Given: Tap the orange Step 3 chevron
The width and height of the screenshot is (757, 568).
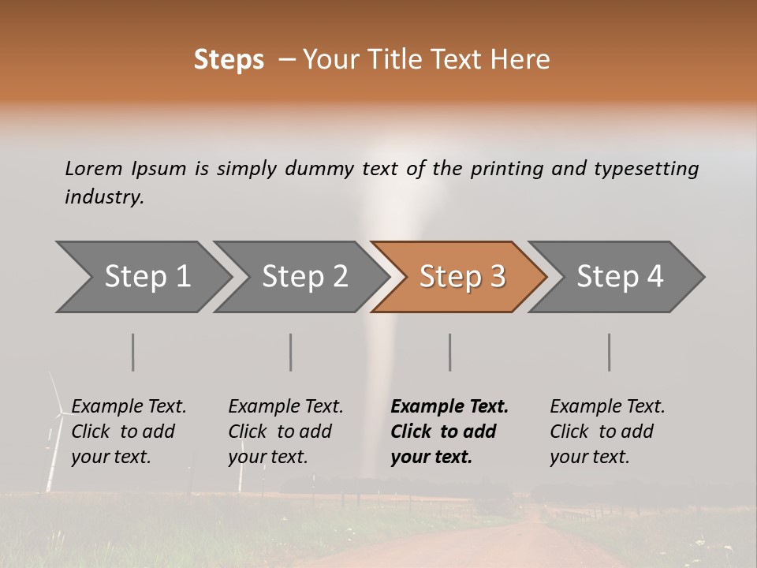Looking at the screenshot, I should coord(461,277).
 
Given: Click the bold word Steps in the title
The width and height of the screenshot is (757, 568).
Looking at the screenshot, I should coord(229,60).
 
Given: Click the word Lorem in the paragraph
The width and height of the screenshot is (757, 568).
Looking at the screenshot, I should coord(94,169).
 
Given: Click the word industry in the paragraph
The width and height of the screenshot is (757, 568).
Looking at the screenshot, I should coord(104,197).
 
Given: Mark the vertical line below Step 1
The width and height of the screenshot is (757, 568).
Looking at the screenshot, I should coord(133,352).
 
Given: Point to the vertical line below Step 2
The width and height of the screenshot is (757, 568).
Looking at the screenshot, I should coord(291,352).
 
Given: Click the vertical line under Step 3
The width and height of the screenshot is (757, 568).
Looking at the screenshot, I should coord(450,352).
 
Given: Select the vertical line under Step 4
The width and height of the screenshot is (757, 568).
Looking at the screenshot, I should coord(610,352).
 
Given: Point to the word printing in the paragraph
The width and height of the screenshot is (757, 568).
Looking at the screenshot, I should coord(500,169).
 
